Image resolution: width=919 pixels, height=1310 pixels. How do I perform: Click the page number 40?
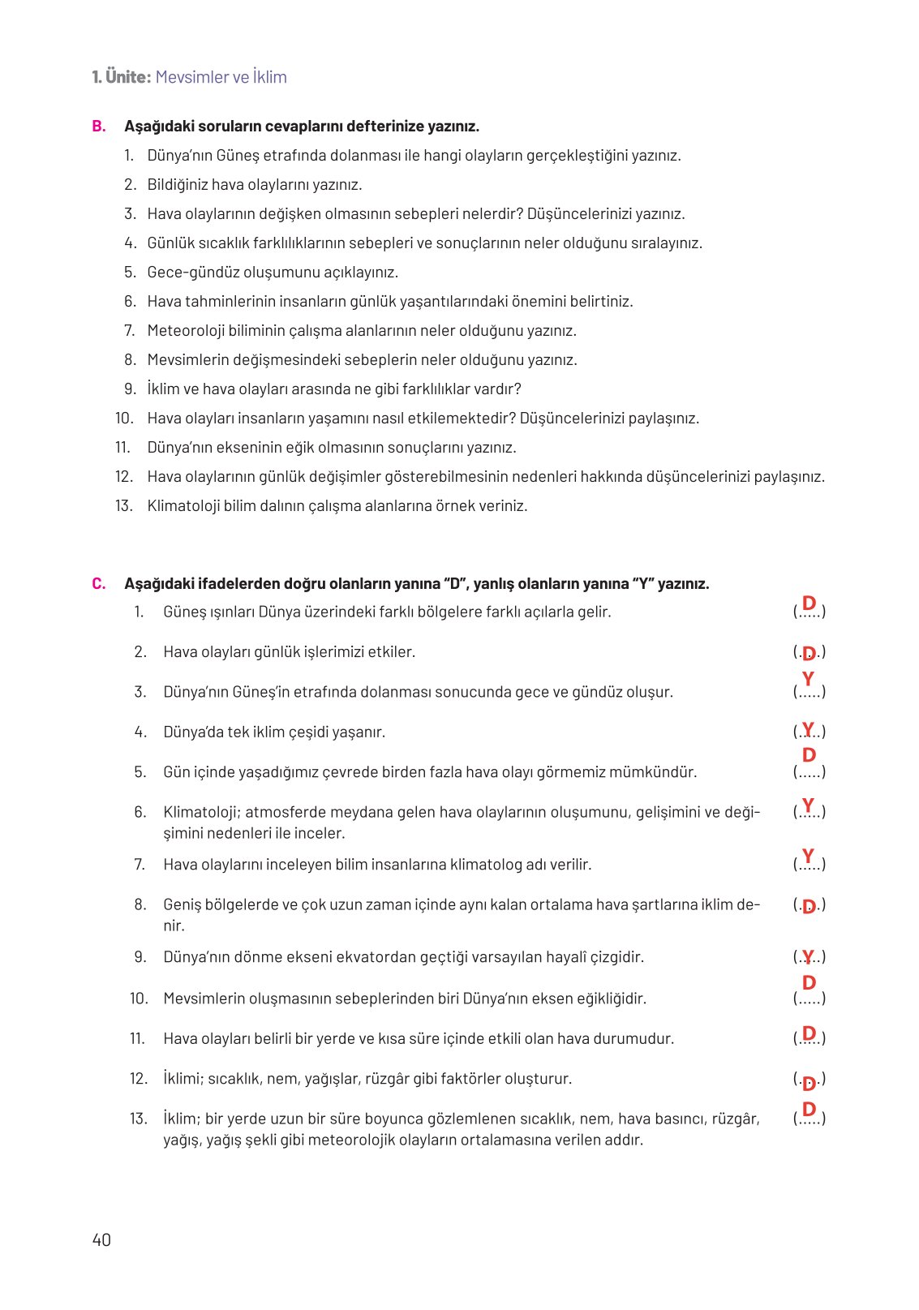click(x=101, y=1239)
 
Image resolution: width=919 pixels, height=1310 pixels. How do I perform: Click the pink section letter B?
click(x=99, y=127)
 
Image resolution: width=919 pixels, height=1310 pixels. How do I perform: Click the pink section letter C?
click(x=99, y=584)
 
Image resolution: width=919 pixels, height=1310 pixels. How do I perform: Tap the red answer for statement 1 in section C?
click(x=809, y=603)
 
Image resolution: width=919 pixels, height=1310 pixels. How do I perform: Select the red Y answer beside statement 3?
click(x=808, y=679)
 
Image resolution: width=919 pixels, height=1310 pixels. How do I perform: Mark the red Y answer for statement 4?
click(x=808, y=728)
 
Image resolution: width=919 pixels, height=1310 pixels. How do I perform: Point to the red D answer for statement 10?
click(x=809, y=983)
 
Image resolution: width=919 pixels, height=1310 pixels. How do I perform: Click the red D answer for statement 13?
click(x=809, y=1110)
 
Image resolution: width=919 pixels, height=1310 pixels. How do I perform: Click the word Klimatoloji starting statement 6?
click(x=200, y=812)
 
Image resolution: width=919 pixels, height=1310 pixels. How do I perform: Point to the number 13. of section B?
click(x=123, y=506)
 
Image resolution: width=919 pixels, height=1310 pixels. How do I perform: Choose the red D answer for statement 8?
click(x=809, y=907)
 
